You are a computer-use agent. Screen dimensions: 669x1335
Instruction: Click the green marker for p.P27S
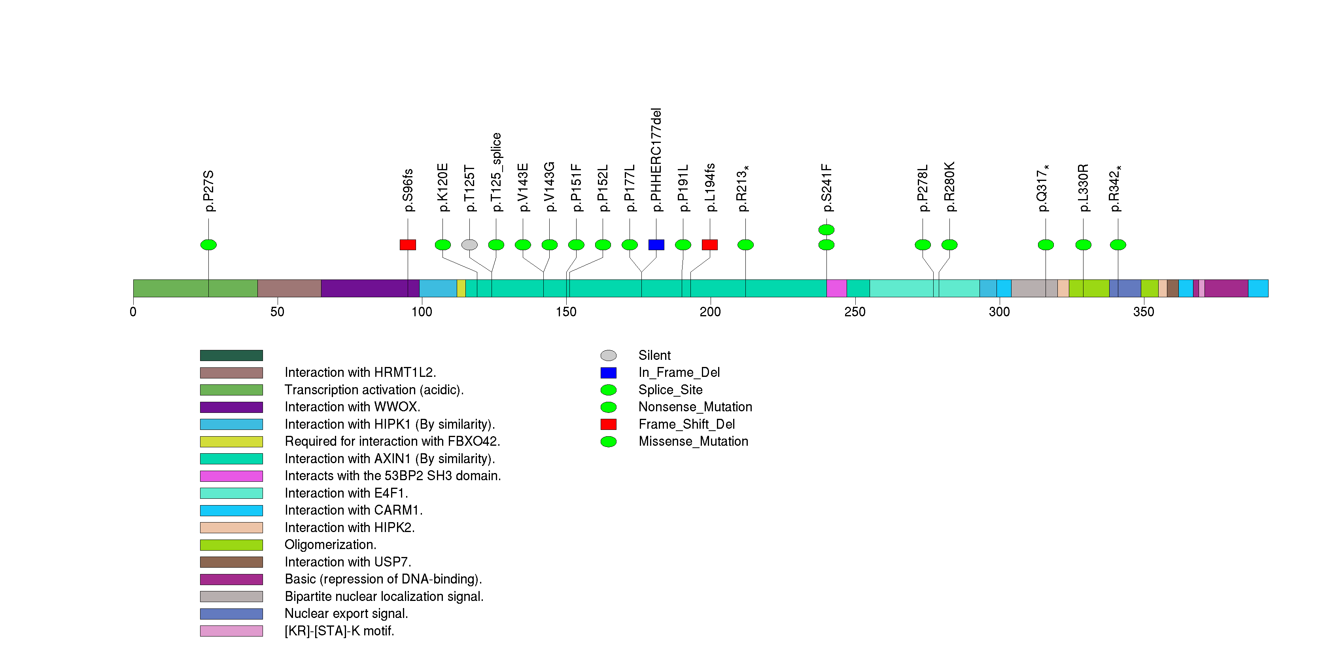(208, 245)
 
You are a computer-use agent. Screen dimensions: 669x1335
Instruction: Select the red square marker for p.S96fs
(408, 245)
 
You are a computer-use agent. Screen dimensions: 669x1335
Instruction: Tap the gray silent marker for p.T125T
(469, 245)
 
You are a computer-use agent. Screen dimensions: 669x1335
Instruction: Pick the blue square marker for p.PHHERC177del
(656, 245)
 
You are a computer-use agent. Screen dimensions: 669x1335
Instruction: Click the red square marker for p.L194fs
(709, 245)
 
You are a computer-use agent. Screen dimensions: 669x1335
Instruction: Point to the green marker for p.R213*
(745, 245)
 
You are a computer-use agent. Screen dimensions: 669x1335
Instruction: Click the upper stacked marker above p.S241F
(826, 229)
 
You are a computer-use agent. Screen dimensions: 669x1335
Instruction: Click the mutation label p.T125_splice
(497, 172)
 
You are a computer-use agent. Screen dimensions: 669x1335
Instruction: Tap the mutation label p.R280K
(949, 187)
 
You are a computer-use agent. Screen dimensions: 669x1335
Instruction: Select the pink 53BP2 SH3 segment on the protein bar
(836, 288)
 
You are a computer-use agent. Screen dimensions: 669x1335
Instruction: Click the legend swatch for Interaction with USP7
(231, 562)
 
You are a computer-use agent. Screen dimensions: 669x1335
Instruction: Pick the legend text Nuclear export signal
(346, 614)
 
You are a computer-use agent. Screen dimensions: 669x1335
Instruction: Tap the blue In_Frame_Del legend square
(609, 373)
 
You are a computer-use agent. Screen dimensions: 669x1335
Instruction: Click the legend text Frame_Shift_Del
(686, 424)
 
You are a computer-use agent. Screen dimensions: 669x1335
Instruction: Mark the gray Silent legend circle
(609, 355)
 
